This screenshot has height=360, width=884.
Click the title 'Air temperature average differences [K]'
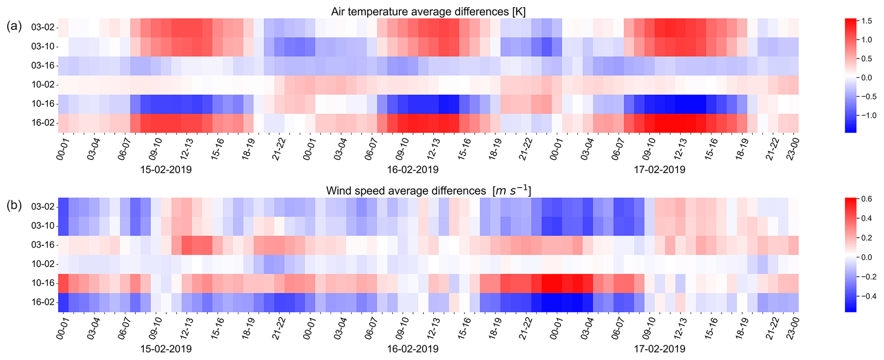[x=428, y=12]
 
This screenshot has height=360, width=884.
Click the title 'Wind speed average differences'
[x=428, y=191]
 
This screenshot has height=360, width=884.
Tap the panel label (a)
[x=14, y=26]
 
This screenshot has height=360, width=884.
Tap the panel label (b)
[x=14, y=205]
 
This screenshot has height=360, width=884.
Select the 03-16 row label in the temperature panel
[x=43, y=65]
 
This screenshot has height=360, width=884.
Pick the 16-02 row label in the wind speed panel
[x=43, y=302]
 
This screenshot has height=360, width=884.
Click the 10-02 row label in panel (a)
[x=43, y=85]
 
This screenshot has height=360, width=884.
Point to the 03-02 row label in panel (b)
[x=43, y=207]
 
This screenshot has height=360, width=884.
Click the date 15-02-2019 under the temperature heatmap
[x=166, y=170]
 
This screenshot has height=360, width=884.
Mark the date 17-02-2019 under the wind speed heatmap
[x=659, y=349]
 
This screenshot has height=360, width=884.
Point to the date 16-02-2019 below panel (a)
[x=413, y=170]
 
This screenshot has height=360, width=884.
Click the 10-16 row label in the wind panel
[x=43, y=283]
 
